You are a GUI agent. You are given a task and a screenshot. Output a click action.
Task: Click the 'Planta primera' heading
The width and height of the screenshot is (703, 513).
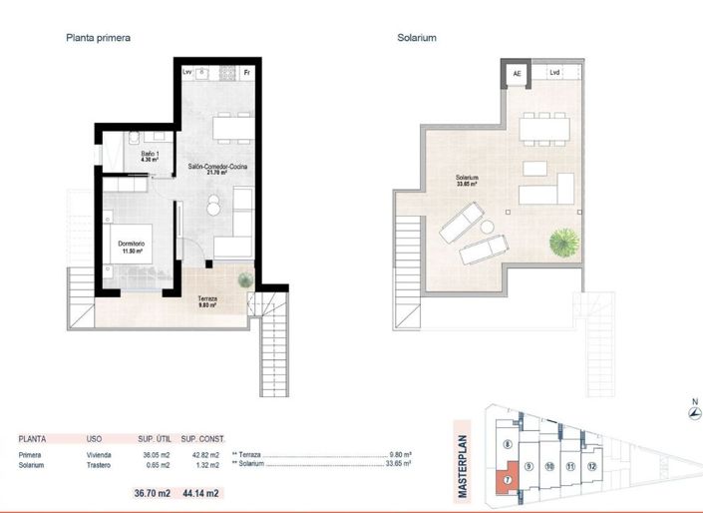point(98,38)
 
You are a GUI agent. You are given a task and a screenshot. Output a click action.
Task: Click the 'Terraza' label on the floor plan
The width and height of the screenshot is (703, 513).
point(207,300)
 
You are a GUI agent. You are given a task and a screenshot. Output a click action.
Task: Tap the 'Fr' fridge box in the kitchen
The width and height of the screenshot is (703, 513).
point(246,73)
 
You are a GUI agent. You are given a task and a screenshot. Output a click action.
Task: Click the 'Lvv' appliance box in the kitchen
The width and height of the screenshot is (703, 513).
point(187,73)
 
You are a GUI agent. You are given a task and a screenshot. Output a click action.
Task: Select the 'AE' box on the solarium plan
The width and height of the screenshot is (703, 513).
point(517,74)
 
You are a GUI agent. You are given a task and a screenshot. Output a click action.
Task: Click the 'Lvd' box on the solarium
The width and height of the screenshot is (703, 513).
point(554,73)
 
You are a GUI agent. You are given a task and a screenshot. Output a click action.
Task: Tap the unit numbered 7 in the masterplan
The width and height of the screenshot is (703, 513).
point(508,479)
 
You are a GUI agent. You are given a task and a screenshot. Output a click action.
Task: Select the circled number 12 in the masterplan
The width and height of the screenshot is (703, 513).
point(591,466)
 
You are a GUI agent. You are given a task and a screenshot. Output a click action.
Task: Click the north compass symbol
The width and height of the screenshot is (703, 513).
point(681,414)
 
